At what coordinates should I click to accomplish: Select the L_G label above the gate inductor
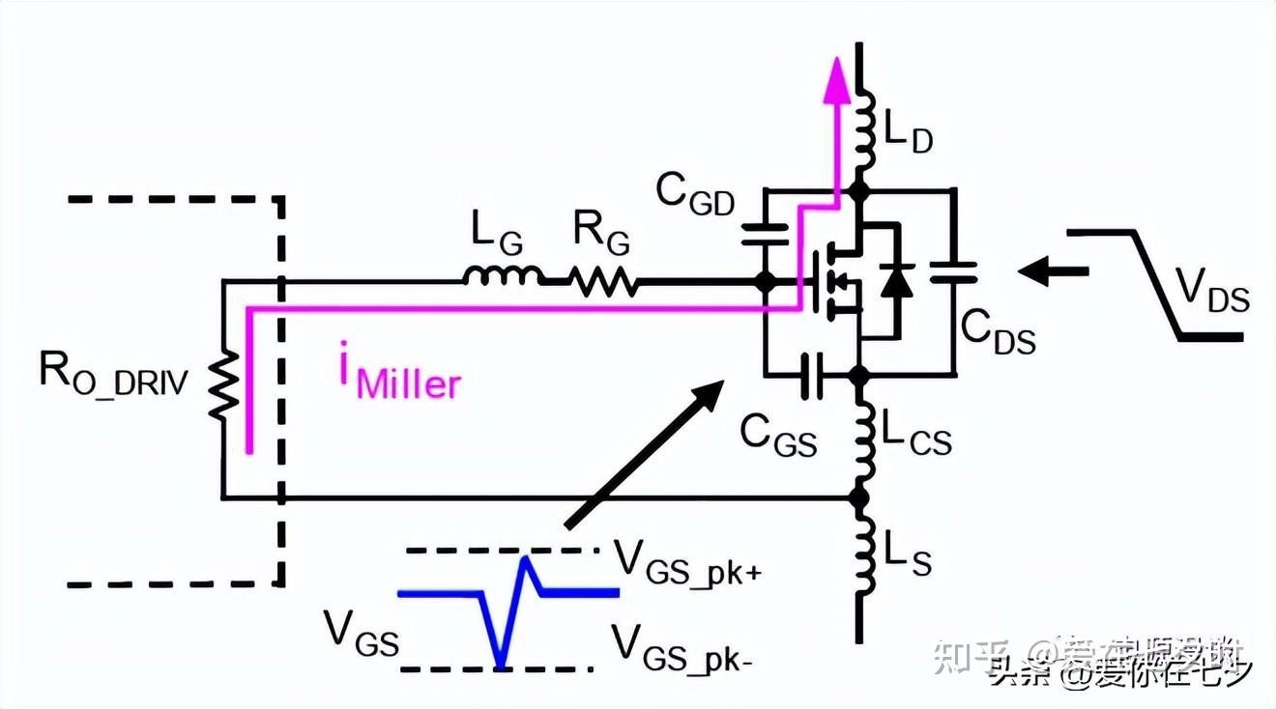(498, 232)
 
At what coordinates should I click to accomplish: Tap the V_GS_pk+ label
(687, 559)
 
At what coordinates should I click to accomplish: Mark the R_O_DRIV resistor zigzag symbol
(223, 385)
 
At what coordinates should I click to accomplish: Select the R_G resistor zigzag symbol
(603, 282)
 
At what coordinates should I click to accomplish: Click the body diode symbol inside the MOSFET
(899, 279)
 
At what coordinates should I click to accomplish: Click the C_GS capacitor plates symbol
(813, 373)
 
